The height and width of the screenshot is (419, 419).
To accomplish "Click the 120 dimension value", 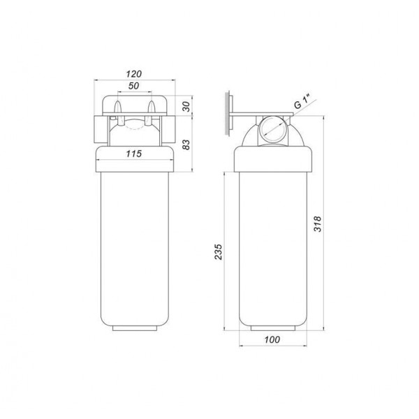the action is (x=134, y=74).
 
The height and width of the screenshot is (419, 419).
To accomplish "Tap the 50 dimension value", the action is (x=133, y=86).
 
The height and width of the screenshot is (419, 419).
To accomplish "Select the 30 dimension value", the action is (x=186, y=106).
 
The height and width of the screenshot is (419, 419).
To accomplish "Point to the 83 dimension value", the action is (x=186, y=145).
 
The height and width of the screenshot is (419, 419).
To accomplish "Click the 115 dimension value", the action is (x=134, y=154).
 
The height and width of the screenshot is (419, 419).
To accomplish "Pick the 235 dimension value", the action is (x=219, y=251).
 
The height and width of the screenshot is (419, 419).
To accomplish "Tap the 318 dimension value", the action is (x=318, y=223).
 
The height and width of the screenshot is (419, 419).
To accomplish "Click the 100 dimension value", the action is (x=272, y=339).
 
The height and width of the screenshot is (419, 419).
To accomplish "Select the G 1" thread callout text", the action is (x=302, y=102).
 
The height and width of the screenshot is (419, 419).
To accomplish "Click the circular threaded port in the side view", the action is (x=273, y=131).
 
